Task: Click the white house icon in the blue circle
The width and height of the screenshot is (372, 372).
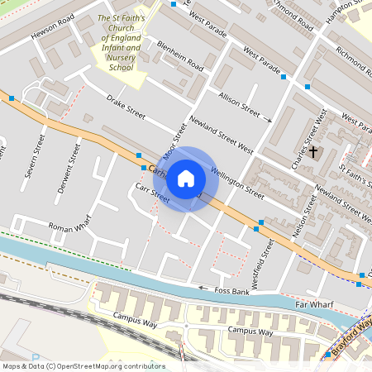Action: (x=186, y=179)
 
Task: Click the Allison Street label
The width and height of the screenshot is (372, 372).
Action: (x=239, y=104)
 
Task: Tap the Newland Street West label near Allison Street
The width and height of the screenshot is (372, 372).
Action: (x=221, y=135)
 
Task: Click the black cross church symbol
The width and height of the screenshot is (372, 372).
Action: (x=313, y=151)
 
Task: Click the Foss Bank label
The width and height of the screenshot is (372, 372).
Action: (x=231, y=291)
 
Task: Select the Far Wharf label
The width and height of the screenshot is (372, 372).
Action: (x=315, y=305)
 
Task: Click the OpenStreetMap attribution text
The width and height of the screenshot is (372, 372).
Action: (x=83, y=366)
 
